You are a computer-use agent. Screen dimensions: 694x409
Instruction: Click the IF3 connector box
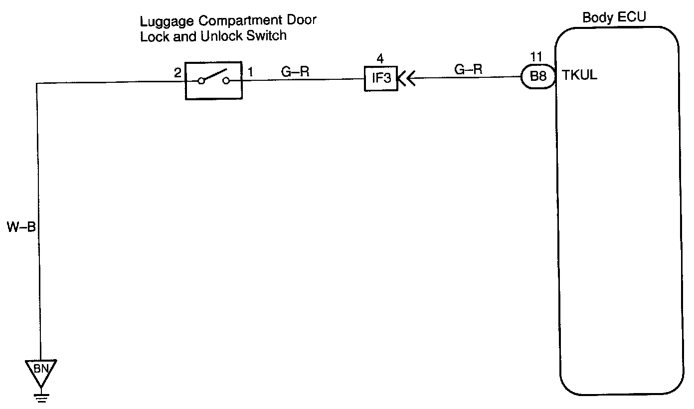(380, 79)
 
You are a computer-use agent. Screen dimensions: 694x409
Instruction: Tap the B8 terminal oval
(538, 78)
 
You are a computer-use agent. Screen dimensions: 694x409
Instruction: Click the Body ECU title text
(614, 17)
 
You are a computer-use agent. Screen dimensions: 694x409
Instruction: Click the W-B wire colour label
(21, 228)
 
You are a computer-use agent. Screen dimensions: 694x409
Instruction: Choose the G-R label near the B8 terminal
(468, 69)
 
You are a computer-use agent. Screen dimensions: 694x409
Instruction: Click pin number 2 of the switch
(177, 73)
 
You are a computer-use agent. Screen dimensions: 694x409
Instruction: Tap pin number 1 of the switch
(250, 73)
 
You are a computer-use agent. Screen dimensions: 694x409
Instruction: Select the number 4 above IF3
(381, 58)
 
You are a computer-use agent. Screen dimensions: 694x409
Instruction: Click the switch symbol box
(213, 80)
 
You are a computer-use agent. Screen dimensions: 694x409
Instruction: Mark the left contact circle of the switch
(201, 81)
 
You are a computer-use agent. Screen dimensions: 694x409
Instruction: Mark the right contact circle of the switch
(227, 81)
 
